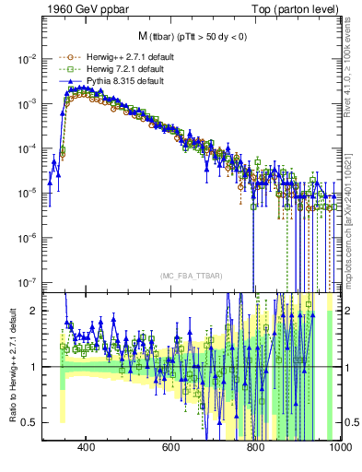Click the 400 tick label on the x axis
[x=87, y=447]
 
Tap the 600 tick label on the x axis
[x=170, y=447]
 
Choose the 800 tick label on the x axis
[x=255, y=447]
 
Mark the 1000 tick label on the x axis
[x=337, y=447]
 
